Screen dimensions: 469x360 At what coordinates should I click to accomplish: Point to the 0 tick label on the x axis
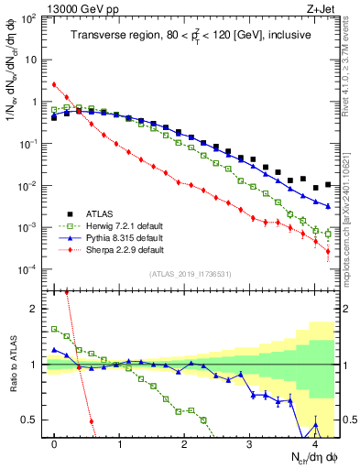[x=55, y=442]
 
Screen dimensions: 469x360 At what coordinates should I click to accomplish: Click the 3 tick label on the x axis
[x=250, y=442]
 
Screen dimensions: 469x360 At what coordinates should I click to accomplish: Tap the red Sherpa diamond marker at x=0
[x=55, y=84]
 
